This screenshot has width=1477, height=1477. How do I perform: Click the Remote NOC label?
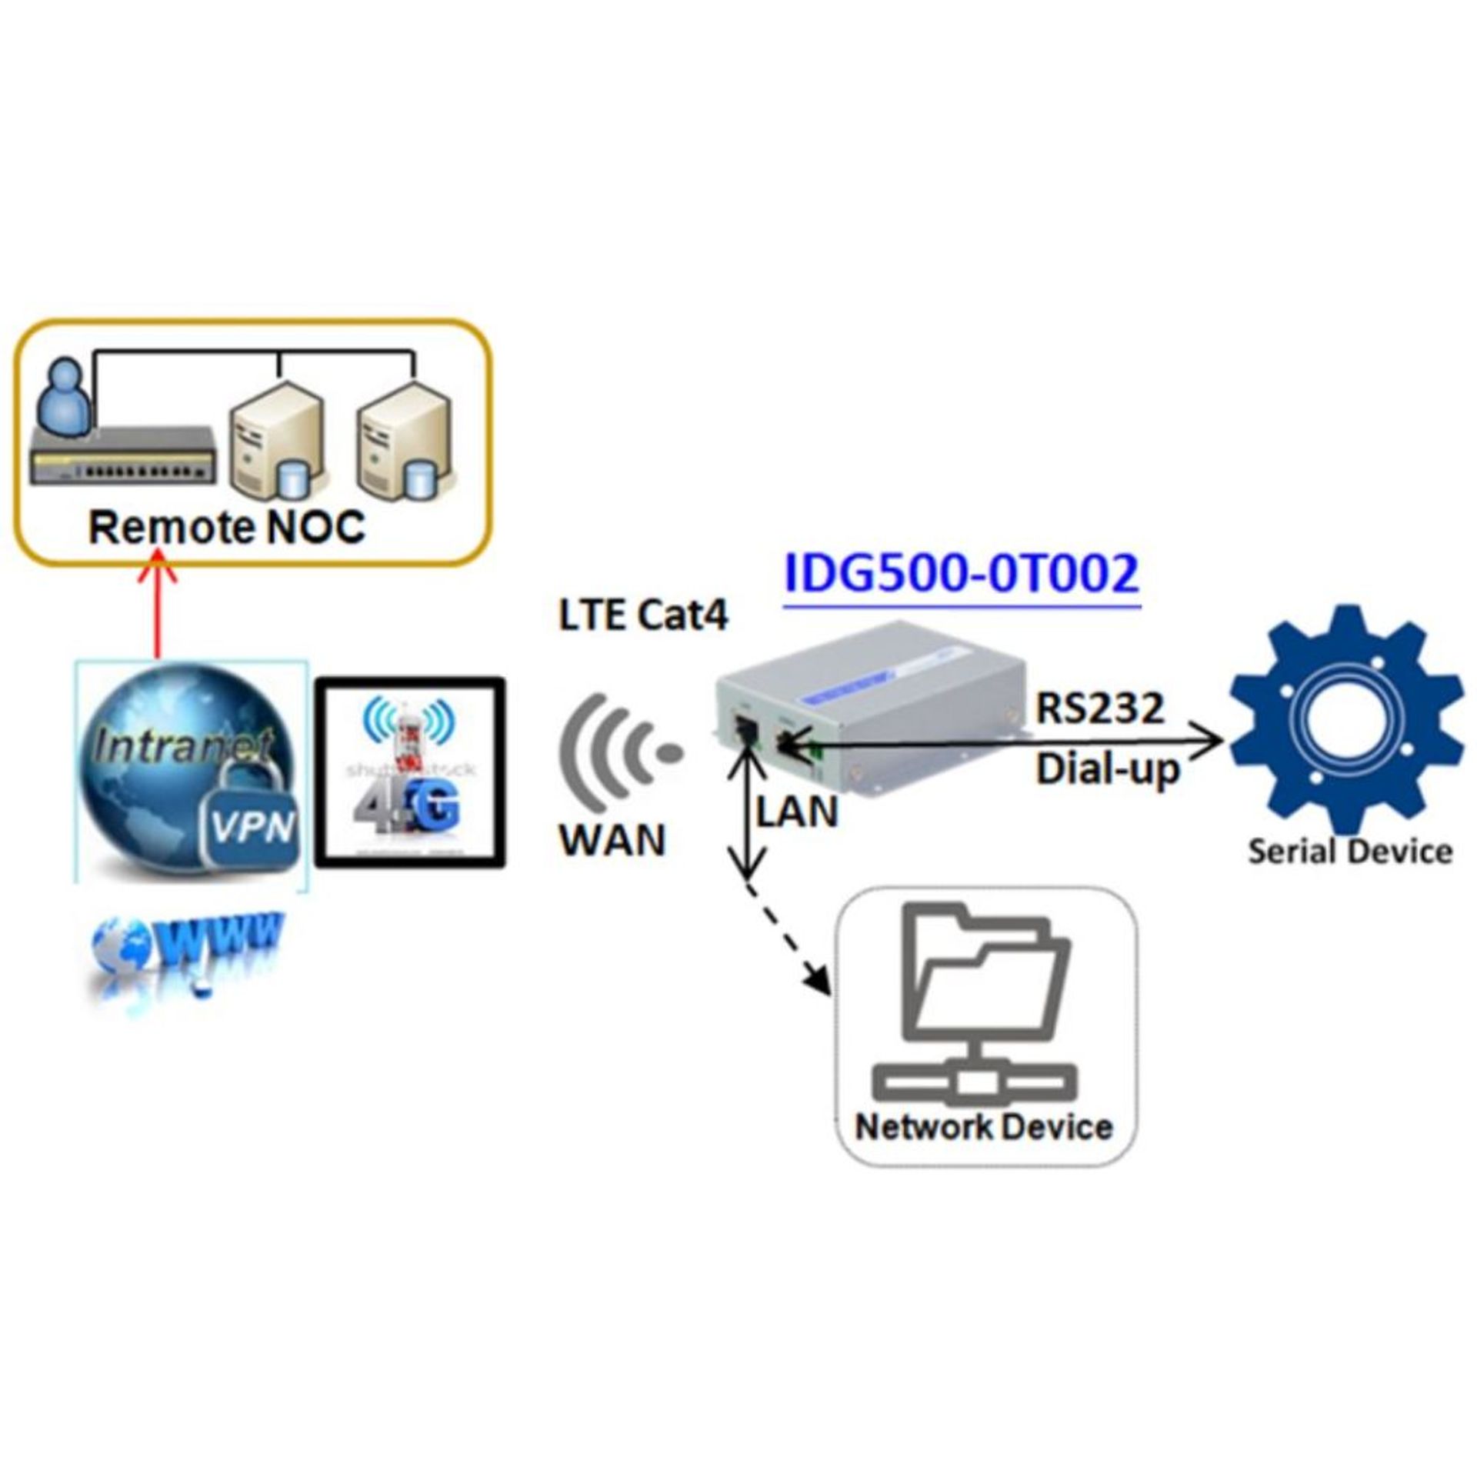(x=227, y=528)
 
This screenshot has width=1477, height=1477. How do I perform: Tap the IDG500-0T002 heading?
(x=961, y=574)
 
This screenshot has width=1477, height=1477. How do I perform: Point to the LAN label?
(x=797, y=812)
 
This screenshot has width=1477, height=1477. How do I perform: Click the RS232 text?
(x=1100, y=708)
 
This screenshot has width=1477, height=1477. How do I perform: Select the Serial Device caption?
(x=1350, y=852)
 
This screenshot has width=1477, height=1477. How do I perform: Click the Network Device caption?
(x=984, y=1127)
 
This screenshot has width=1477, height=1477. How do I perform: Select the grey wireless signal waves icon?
(x=615, y=757)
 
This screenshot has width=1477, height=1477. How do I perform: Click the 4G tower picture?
(x=411, y=772)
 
